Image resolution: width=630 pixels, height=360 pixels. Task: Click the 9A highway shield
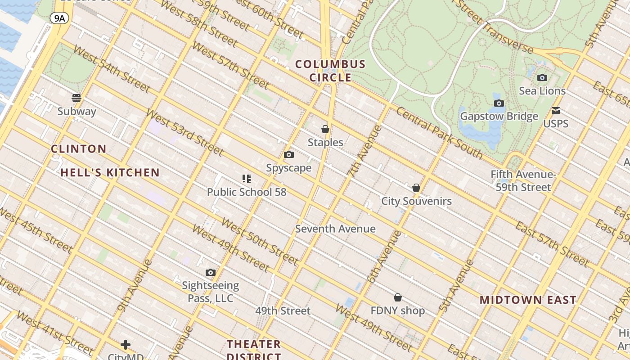pos(58,18)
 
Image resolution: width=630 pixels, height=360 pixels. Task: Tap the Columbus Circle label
pos(330,71)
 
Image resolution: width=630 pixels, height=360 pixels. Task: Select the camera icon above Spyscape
pos(289,155)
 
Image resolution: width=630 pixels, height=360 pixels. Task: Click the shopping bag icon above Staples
pos(325,130)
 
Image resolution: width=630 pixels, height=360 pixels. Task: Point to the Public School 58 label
pos(247,192)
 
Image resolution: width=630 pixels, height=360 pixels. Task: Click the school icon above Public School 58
pos(246,179)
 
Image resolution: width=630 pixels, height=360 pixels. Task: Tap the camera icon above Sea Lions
pos(542,77)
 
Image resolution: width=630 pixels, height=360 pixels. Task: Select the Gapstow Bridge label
pos(499,117)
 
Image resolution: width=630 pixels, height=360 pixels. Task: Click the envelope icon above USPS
pos(556,111)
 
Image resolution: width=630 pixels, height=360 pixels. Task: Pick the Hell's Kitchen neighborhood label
pos(110,172)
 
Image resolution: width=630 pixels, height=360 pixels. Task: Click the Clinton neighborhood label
pos(79,149)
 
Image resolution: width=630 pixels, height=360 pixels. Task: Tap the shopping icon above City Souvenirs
pos(416,188)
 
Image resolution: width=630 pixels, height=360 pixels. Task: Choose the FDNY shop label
pos(397,310)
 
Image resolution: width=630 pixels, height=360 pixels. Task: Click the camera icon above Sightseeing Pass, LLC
pos(210,273)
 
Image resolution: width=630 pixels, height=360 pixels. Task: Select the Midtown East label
pos(527,300)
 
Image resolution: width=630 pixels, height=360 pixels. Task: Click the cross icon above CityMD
pos(126,345)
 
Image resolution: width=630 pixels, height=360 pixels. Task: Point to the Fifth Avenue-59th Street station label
pos(523,180)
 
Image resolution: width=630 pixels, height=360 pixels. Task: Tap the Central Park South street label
pos(439,133)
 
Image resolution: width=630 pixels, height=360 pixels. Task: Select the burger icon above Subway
pos(76,98)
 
